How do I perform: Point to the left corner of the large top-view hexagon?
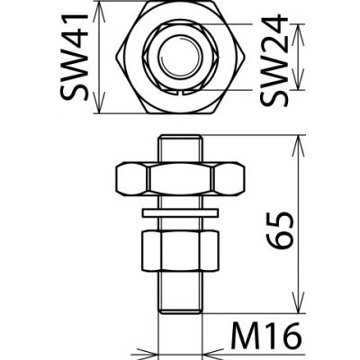(119, 58)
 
